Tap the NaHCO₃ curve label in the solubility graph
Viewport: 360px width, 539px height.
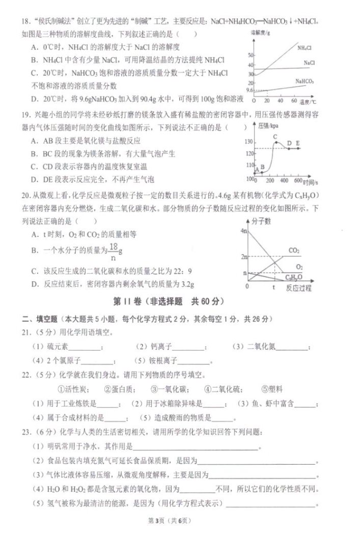coord(304,82)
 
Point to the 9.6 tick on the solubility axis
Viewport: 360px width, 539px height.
coord(249,91)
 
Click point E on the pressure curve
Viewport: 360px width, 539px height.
coord(297,143)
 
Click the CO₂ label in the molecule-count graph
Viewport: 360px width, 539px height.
coord(294,250)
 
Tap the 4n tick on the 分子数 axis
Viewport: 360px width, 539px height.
coord(243,232)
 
